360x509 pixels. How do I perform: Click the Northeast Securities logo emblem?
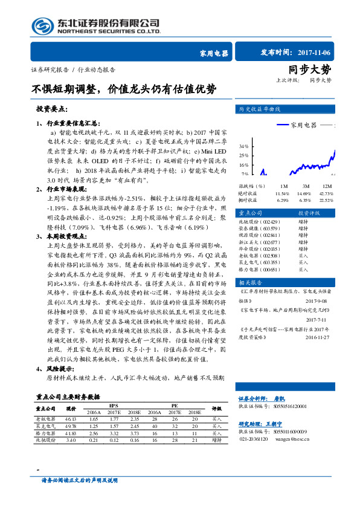click(43, 26)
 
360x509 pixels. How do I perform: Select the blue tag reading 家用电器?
click(213, 53)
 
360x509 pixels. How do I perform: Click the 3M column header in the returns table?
click(306, 186)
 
